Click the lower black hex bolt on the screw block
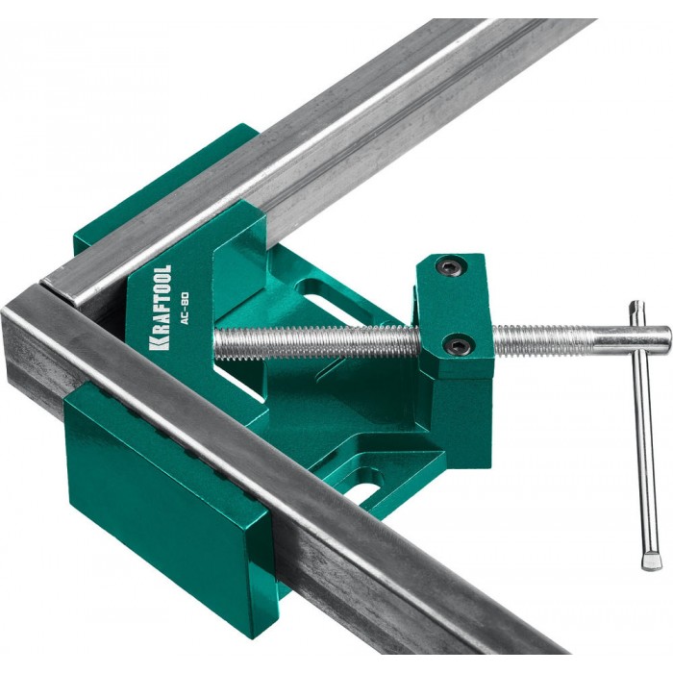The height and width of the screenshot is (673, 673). pyautogui.click(x=457, y=342)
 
